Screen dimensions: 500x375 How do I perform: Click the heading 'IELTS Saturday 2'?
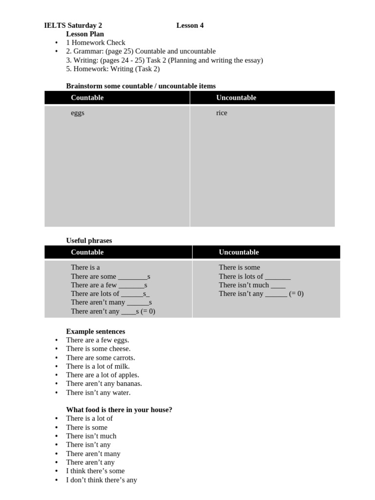[x=73, y=25]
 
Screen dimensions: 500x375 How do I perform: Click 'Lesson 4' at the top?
[x=190, y=25]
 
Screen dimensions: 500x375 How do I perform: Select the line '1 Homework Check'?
[x=96, y=42]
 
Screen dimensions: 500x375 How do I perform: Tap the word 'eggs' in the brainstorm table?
[x=78, y=113]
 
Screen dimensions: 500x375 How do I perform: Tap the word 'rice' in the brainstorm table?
[x=222, y=113]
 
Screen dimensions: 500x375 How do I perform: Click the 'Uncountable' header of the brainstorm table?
[x=236, y=98]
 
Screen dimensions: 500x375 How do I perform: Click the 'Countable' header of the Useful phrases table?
[x=87, y=252]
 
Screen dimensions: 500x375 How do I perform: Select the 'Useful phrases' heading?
[x=89, y=240]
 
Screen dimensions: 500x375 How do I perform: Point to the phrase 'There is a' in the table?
[x=85, y=267]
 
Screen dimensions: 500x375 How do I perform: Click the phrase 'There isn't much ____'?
[x=252, y=285]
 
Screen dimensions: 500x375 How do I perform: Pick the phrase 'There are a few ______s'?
[x=109, y=285]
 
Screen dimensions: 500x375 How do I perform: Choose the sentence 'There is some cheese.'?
[x=98, y=349]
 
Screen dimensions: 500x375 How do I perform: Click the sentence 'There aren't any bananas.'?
[x=104, y=384]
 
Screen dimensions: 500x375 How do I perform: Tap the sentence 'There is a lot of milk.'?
[x=98, y=366]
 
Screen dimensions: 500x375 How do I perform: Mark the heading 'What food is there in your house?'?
[x=119, y=410]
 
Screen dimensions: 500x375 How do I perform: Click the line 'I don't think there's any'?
[x=102, y=480]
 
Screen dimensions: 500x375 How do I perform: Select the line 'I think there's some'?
[x=95, y=471]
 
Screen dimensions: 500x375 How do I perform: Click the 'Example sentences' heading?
[x=96, y=331]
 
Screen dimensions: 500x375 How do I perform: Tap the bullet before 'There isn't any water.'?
[x=57, y=393]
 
